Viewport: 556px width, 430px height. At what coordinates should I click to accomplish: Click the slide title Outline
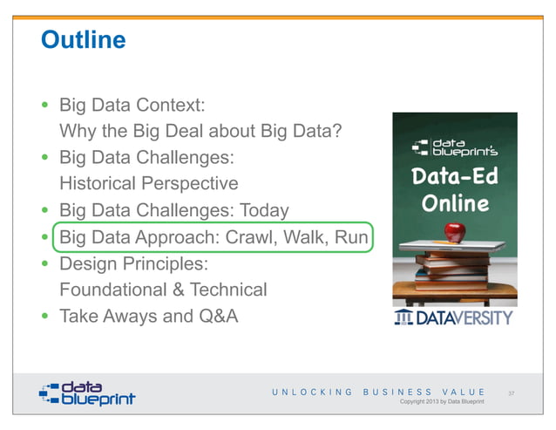point(84,40)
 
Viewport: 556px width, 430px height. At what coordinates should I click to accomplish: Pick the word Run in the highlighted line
point(352,236)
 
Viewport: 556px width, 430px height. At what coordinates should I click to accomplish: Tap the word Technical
point(228,289)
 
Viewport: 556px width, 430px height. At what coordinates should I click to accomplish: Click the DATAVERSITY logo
point(453,317)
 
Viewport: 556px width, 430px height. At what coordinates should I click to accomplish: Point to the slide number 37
point(512,393)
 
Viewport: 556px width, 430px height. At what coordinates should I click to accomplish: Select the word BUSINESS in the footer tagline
point(396,392)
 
